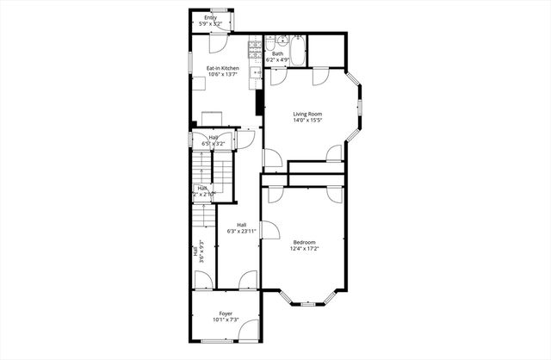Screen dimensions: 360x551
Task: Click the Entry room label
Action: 210,17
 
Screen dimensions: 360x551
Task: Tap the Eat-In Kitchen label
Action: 222,68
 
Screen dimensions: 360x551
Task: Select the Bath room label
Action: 277,53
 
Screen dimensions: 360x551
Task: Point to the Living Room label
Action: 308,114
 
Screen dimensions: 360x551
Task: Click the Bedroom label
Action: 304,242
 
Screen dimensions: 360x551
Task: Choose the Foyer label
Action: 226,313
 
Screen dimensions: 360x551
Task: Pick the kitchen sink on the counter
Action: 256,74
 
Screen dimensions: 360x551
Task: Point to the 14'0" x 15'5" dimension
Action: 308,120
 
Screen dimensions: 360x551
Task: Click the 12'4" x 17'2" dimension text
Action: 304,249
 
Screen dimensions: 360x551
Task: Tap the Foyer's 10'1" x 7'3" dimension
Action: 226,320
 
